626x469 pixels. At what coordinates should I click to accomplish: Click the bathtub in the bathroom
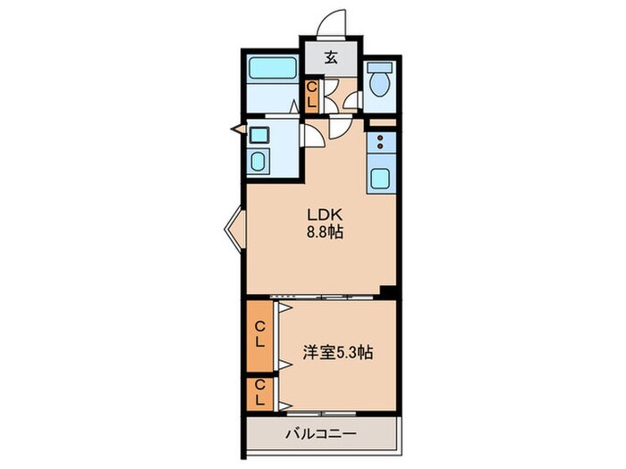tap(271, 68)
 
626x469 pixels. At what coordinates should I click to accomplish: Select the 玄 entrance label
tap(330, 58)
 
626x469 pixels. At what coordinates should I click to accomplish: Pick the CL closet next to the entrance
tap(311, 96)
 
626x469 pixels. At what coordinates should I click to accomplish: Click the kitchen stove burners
tap(380, 142)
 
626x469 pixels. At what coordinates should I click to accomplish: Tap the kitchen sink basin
tap(380, 179)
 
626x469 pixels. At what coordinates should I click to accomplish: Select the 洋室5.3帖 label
tap(337, 353)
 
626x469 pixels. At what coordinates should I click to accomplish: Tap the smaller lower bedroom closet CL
tap(259, 393)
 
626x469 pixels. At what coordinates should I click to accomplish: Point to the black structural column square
tap(387, 291)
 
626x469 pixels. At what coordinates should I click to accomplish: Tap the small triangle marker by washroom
tap(239, 130)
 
